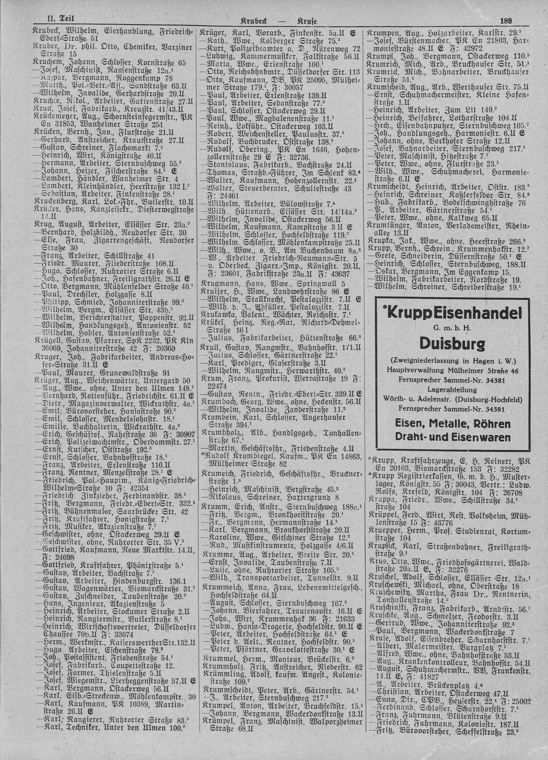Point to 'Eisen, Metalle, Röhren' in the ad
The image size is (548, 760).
(x=452, y=424)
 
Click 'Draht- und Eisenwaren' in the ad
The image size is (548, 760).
(x=452, y=437)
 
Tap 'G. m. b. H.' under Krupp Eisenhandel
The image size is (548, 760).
(x=452, y=328)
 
